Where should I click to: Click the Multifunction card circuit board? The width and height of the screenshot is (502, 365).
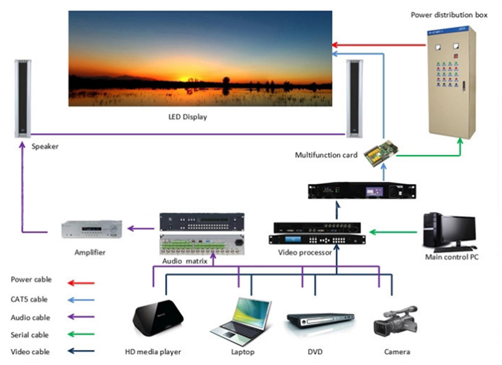pyautogui.click(x=381, y=153)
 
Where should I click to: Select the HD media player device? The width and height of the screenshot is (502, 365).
pyautogui.click(x=158, y=318)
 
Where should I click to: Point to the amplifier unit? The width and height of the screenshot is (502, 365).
pyautogui.click(x=92, y=229)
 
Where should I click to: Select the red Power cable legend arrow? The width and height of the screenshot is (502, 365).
pyautogui.click(x=81, y=283)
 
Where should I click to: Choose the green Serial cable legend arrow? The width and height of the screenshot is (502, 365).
pyautogui.click(x=81, y=334)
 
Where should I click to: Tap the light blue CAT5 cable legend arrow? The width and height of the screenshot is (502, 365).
pyautogui.click(x=81, y=300)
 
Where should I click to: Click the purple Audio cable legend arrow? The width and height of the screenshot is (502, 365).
pyautogui.click(x=81, y=317)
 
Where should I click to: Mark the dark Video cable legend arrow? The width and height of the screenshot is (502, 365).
pyautogui.click(x=81, y=351)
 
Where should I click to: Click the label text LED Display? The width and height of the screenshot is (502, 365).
pyautogui.click(x=188, y=117)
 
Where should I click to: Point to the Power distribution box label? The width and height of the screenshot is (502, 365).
pyautogui.click(x=449, y=15)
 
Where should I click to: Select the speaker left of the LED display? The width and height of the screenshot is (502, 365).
pyautogui.click(x=23, y=98)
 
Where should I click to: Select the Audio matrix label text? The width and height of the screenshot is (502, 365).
pyautogui.click(x=184, y=261)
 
